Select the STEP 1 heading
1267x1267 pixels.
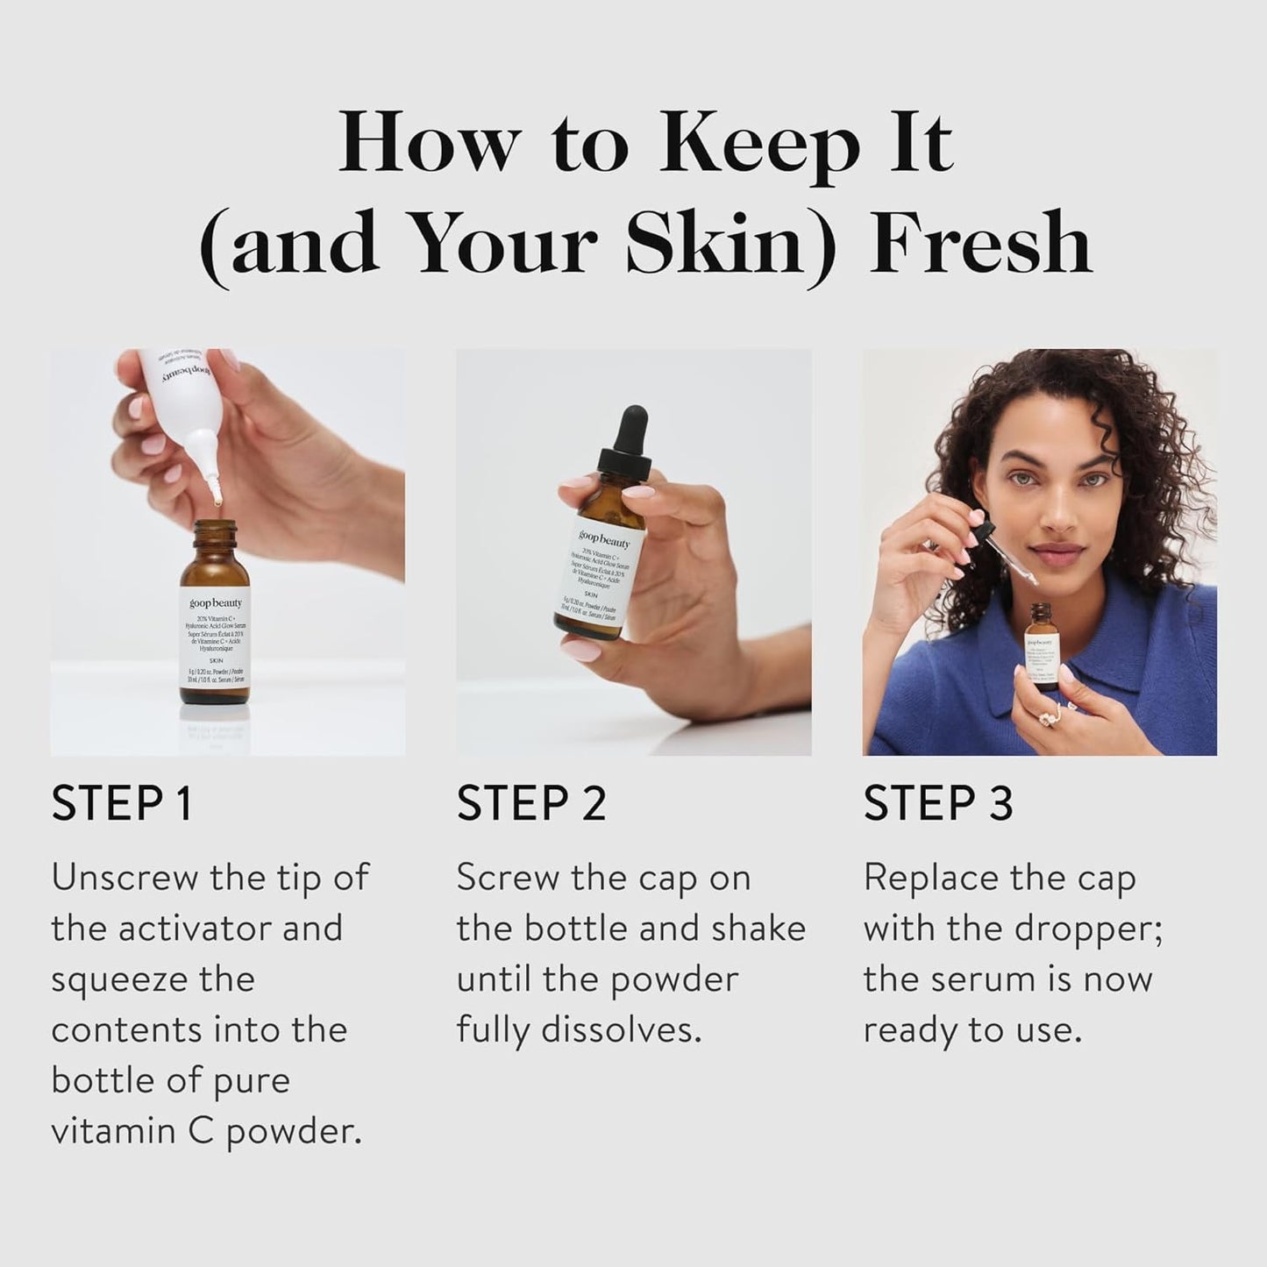point(121,803)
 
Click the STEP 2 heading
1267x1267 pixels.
point(530,803)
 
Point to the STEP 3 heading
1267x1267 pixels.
point(937,803)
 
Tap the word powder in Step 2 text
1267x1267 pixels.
point(674,979)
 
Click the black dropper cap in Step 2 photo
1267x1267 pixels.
point(628,447)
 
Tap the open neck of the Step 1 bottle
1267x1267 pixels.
point(215,526)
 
